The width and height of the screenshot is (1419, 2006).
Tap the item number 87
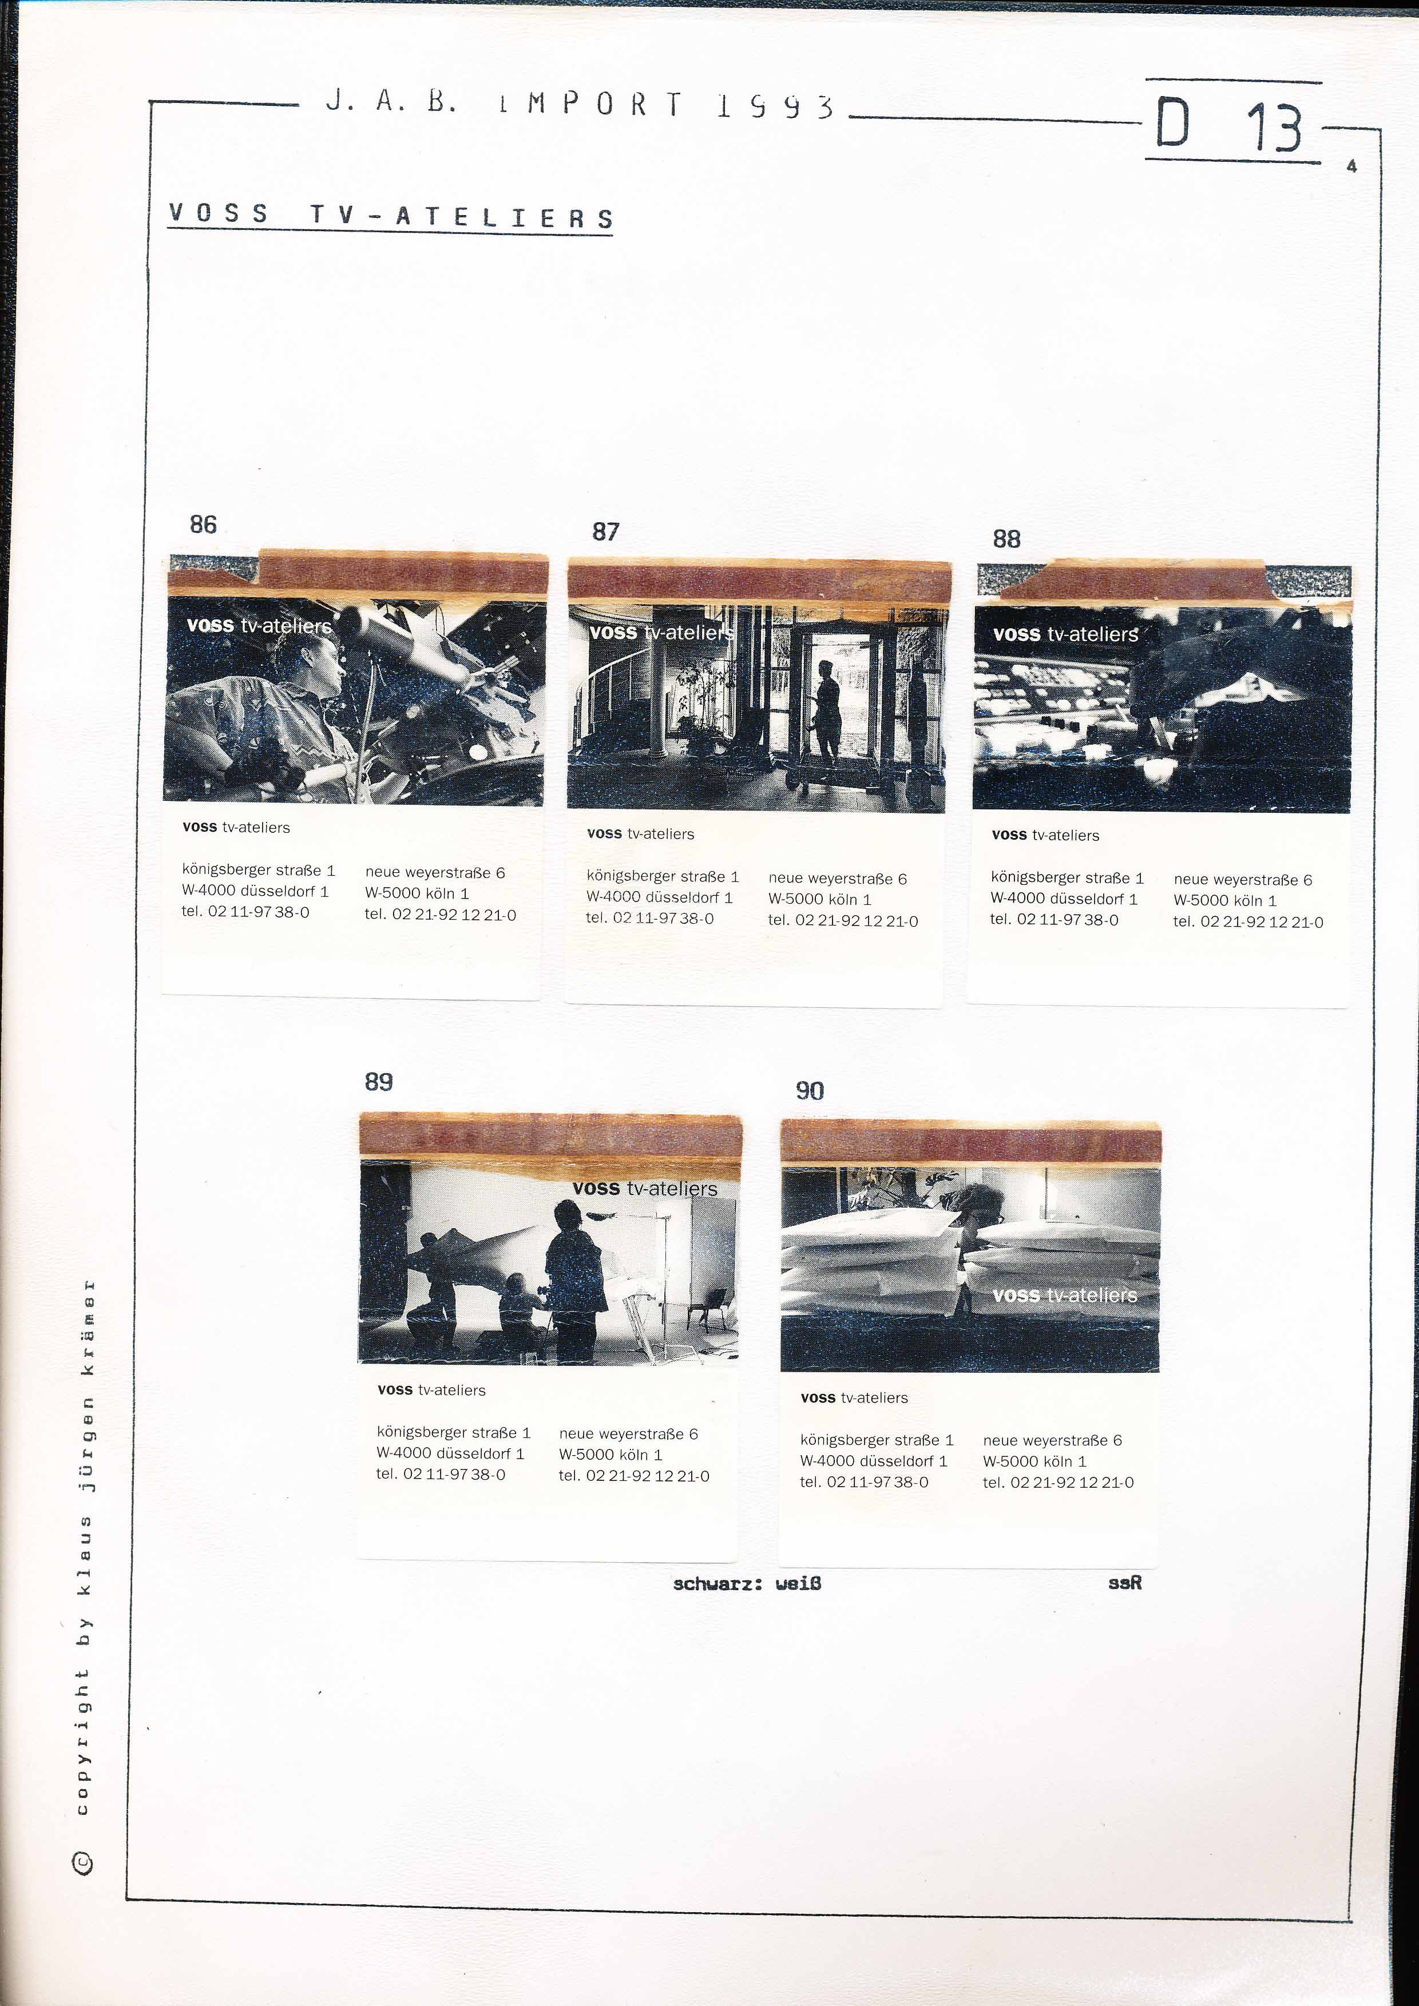pos(605,531)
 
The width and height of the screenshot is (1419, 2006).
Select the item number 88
pos(1006,539)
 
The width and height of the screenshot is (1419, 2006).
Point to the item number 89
pos(378,1082)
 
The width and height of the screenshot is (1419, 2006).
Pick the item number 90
pos(809,1090)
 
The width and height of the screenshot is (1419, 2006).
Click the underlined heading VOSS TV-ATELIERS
pos(391,215)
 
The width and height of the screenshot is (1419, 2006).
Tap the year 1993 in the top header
pos(774,106)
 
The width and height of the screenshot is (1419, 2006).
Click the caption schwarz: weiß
pos(747,1583)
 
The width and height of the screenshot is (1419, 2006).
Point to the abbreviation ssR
pos(1124,1582)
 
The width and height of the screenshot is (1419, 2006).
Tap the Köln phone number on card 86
pos(441,915)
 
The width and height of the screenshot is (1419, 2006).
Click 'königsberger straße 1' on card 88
pos(1067,877)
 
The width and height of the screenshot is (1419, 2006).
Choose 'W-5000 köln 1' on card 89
pos(611,1455)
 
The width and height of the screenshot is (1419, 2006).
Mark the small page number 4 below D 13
pos(1351,166)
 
